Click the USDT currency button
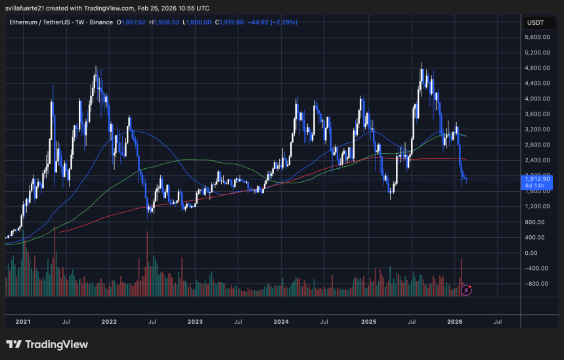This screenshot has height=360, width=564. click(x=536, y=22)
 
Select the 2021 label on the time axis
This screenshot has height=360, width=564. click(x=23, y=322)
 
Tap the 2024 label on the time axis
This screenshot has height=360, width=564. click(x=281, y=322)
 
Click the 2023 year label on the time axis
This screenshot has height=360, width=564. click(x=195, y=322)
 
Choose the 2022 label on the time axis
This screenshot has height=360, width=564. click(x=109, y=322)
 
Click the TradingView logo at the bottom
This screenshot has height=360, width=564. click(x=47, y=344)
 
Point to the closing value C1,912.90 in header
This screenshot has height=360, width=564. click(x=231, y=22)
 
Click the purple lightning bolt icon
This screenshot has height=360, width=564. click(x=467, y=289)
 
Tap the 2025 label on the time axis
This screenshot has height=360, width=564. click(x=368, y=322)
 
